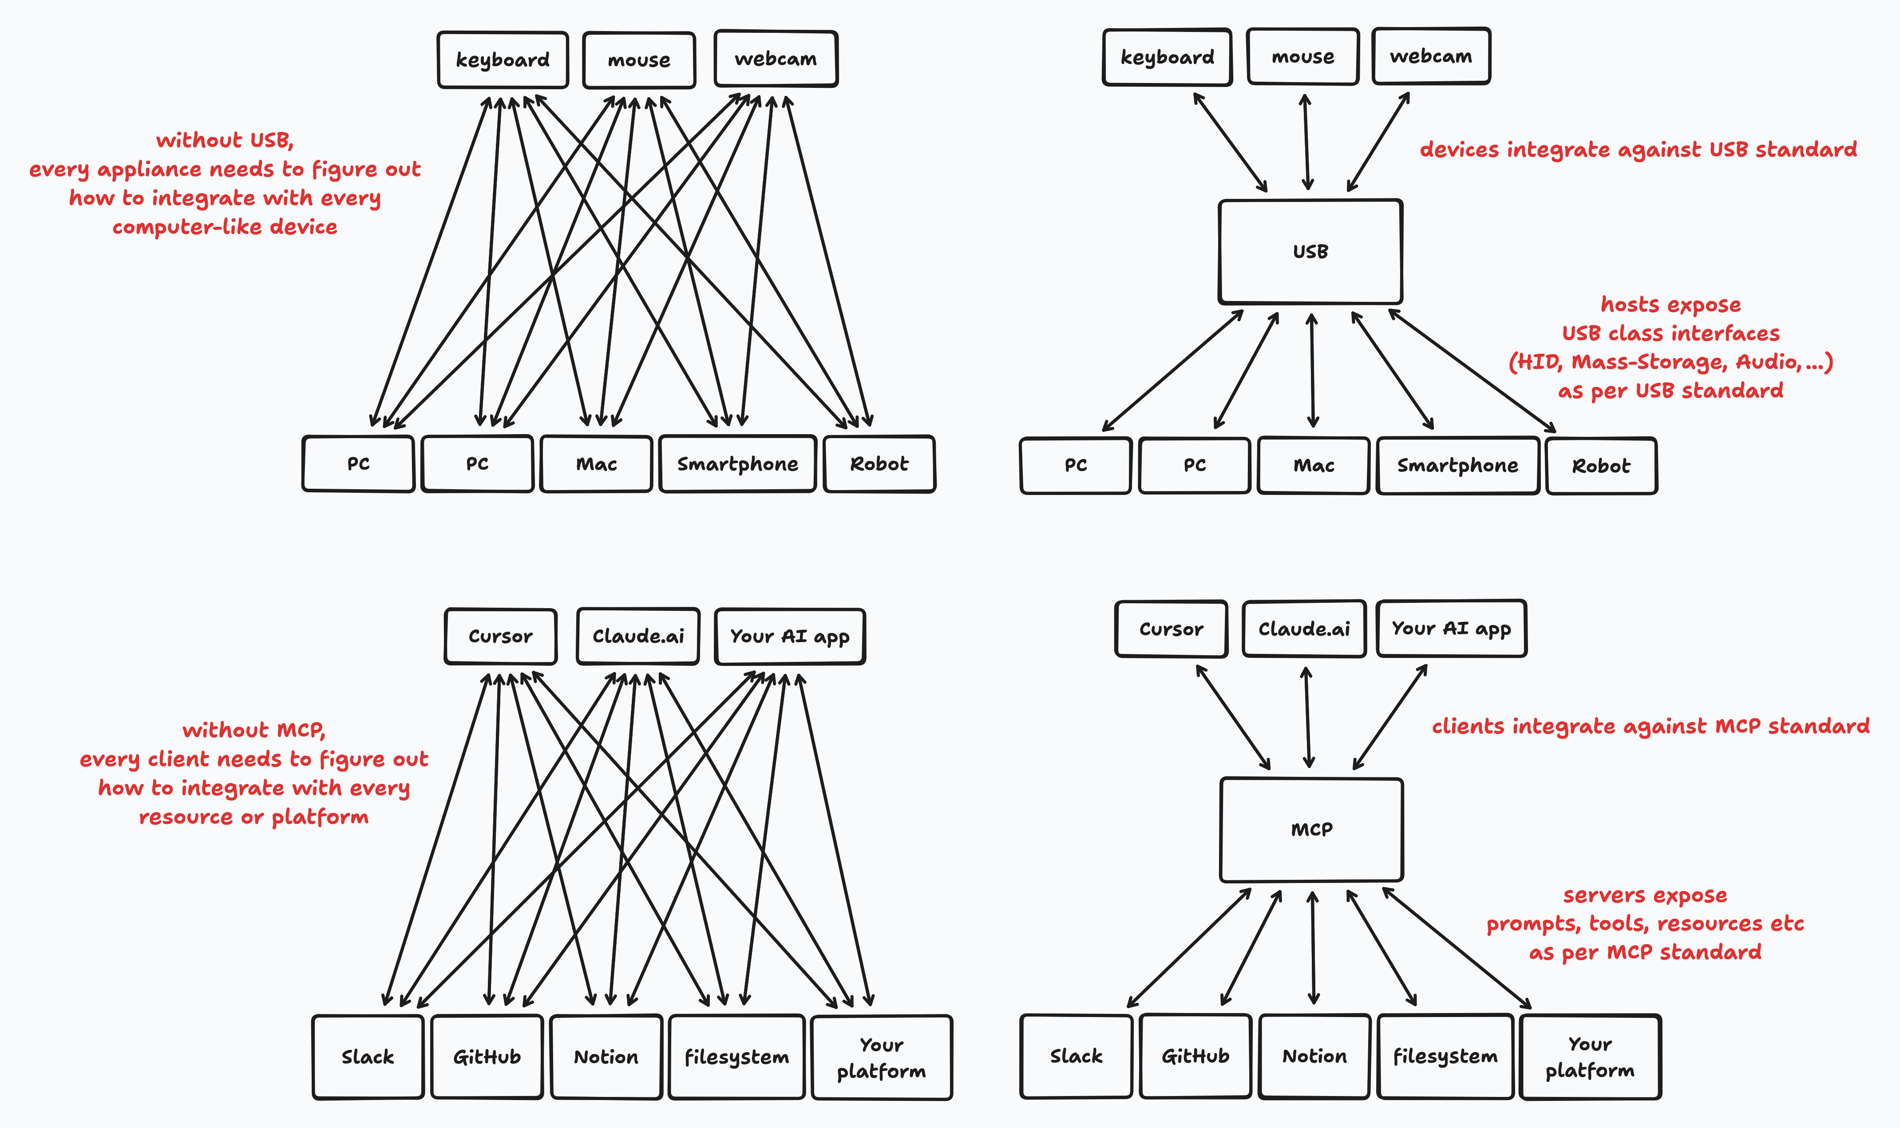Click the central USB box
1310,252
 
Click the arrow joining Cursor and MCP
1234,717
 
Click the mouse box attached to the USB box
1302,57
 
